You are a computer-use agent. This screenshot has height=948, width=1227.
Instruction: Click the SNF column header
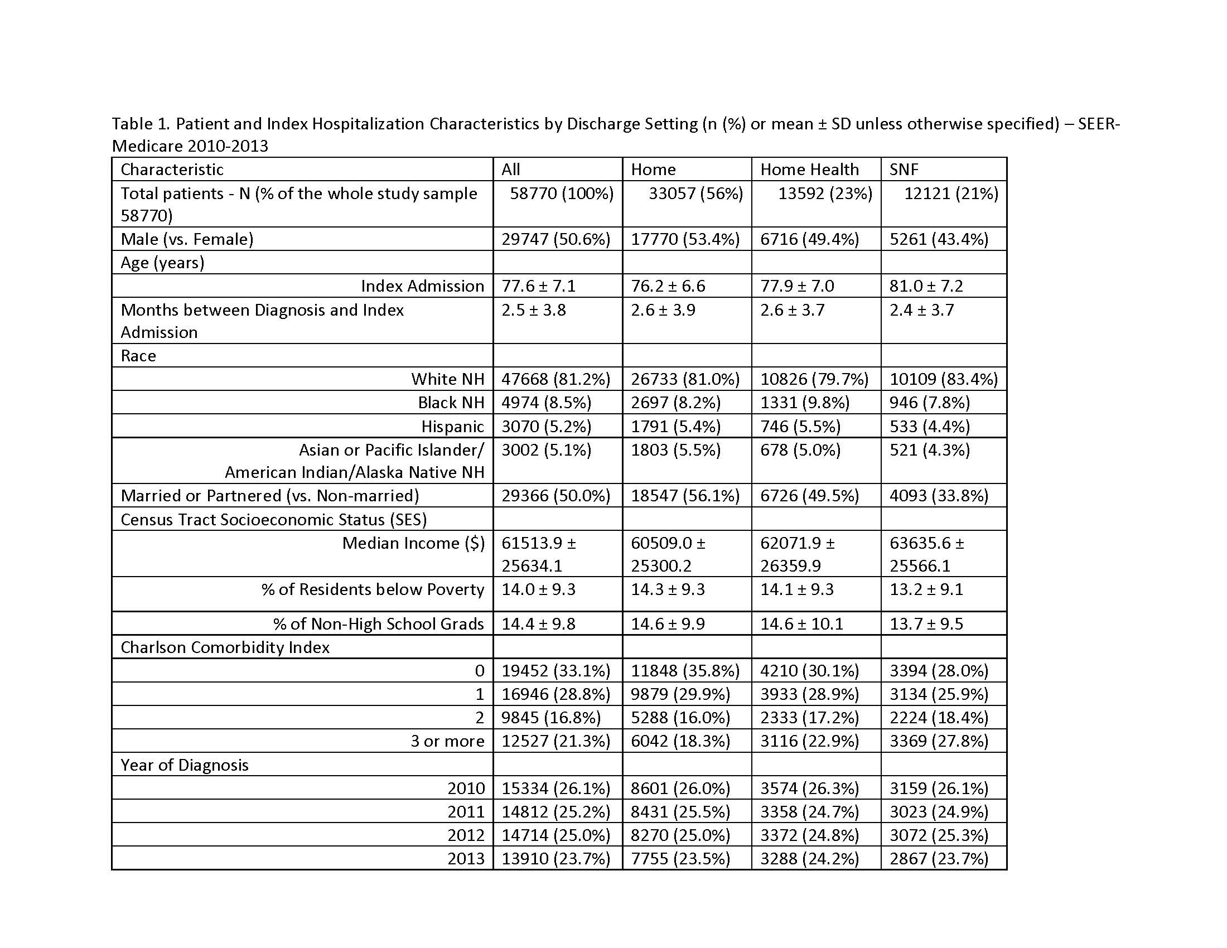[904, 169]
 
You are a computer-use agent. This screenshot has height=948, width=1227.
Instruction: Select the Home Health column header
[809, 169]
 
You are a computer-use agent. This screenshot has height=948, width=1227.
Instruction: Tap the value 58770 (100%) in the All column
[561, 193]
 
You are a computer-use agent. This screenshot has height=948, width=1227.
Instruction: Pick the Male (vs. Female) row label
[187, 239]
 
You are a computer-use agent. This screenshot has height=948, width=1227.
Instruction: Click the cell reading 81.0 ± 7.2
[926, 286]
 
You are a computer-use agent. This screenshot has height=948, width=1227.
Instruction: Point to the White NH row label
[447, 379]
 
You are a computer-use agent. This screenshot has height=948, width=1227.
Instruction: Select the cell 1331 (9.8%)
[804, 403]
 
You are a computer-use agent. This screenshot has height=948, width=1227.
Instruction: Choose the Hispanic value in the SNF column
[929, 426]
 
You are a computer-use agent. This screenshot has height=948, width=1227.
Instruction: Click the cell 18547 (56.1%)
[685, 495]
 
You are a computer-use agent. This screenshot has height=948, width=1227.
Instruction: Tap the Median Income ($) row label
[413, 543]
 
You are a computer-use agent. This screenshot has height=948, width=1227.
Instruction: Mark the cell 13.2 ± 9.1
[926, 589]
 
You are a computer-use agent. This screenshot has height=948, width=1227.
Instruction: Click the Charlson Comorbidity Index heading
[225, 647]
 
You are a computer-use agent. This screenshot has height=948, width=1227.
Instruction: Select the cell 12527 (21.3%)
[555, 741]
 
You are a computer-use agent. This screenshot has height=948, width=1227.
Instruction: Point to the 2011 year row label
[466, 811]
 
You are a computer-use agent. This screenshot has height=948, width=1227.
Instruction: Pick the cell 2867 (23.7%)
[938, 858]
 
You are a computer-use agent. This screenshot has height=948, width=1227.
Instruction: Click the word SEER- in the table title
[1098, 124]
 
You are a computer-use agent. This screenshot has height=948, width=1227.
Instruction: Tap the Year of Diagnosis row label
[184, 765]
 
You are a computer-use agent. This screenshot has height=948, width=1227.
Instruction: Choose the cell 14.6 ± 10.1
[801, 624]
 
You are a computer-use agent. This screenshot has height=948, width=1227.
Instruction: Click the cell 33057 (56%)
[695, 193]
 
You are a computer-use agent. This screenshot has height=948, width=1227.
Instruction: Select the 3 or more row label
[447, 741]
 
